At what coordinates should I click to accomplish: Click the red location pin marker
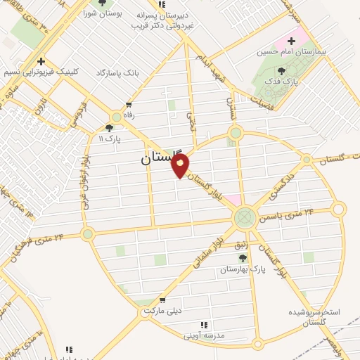click(x=181, y=166)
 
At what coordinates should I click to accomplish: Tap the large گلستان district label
click(x=161, y=158)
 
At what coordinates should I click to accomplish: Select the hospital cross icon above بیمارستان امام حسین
click(x=291, y=41)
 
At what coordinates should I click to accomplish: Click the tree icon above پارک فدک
click(x=282, y=71)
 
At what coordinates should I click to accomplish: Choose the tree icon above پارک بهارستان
click(x=243, y=259)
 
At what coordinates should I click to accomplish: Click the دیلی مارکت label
click(x=162, y=310)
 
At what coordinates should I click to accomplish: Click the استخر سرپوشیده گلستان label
click(x=314, y=316)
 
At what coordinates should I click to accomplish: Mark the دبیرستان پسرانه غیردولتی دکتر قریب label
click(x=165, y=19)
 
